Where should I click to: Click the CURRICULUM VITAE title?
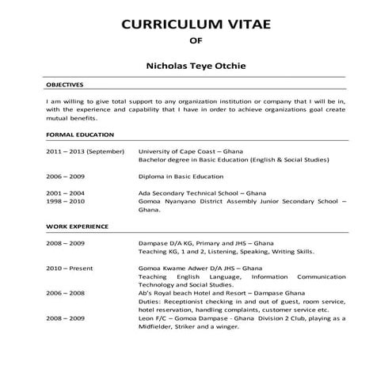tap(196, 24)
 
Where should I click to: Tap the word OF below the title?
tap(196, 45)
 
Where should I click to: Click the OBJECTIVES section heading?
tap(65, 85)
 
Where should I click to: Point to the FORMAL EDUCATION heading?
tap(80, 135)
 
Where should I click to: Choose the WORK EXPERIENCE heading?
tap(78, 226)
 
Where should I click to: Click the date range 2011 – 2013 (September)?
tap(85, 150)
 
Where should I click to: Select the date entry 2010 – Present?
tap(69, 268)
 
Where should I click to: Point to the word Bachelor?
tap(154, 159)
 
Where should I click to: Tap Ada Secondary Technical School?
tap(190, 193)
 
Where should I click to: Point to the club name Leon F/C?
tap(153, 318)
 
